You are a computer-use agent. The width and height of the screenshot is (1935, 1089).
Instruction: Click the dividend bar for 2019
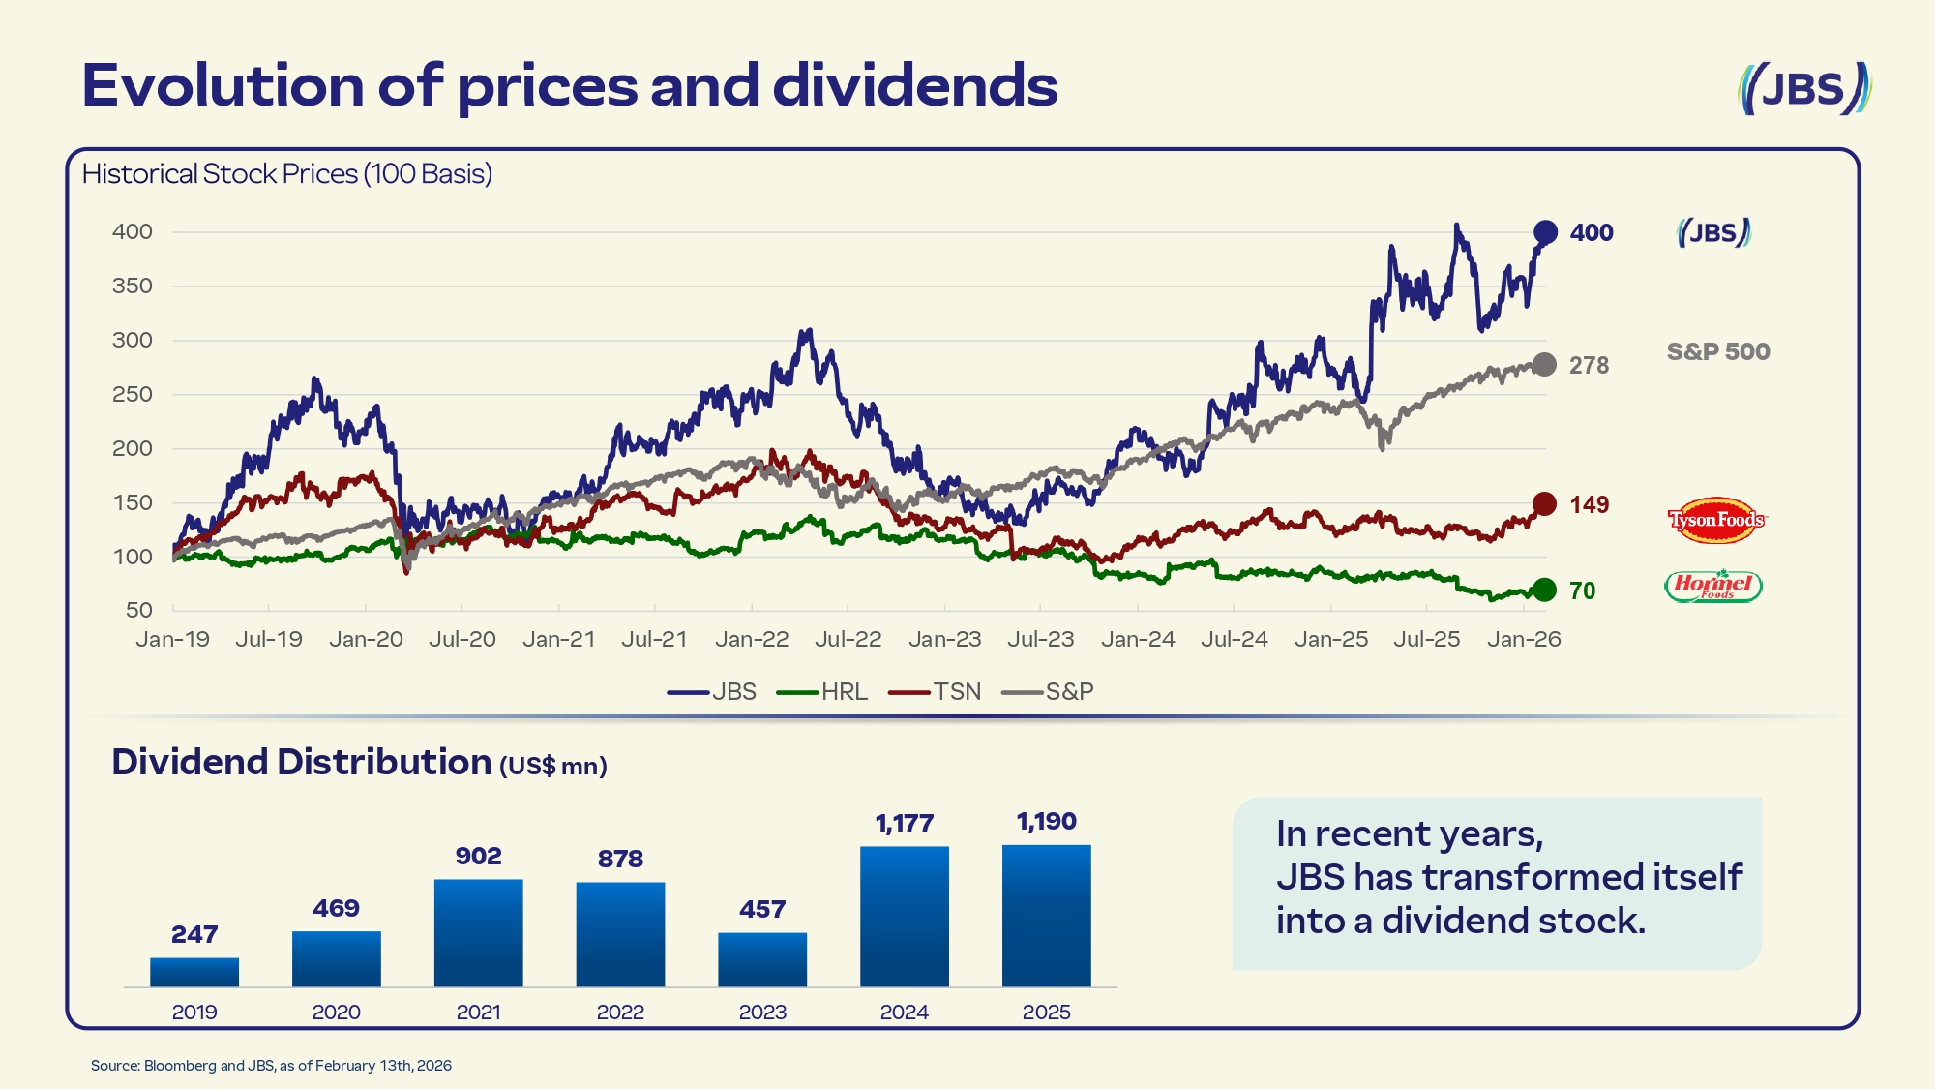click(194, 972)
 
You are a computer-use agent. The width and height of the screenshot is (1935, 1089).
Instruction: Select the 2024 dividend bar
click(905, 916)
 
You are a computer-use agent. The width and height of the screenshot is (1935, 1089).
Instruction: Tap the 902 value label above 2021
click(479, 857)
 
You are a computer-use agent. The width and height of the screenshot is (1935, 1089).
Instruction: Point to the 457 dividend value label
click(762, 910)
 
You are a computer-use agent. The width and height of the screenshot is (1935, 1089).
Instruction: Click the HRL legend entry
click(823, 692)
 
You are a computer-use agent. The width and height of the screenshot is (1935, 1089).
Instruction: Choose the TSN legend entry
click(936, 692)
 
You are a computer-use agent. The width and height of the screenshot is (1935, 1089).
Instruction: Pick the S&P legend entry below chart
click(1048, 692)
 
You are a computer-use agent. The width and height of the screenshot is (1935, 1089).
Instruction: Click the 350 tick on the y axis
click(133, 287)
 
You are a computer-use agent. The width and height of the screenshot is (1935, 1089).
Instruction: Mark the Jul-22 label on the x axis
click(848, 640)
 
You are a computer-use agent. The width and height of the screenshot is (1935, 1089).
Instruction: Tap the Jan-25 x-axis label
click(1331, 640)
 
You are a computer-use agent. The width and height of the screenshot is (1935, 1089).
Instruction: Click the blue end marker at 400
click(1545, 232)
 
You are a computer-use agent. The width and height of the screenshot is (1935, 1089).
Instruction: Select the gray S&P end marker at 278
click(1544, 365)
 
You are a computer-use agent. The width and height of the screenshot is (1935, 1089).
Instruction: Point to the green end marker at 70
click(1544, 590)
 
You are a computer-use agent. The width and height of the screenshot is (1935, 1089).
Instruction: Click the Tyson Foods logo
click(1715, 520)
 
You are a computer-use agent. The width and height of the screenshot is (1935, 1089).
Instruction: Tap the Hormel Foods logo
click(1713, 586)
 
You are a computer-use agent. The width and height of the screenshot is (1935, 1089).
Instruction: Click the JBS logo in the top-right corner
click(1804, 89)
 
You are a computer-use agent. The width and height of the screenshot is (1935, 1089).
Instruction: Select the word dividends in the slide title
click(914, 85)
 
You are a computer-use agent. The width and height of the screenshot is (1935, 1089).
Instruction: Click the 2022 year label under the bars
click(620, 1013)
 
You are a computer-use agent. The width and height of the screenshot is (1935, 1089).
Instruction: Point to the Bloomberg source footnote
click(271, 1066)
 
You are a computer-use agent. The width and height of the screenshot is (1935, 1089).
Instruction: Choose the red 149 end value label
click(1589, 505)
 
